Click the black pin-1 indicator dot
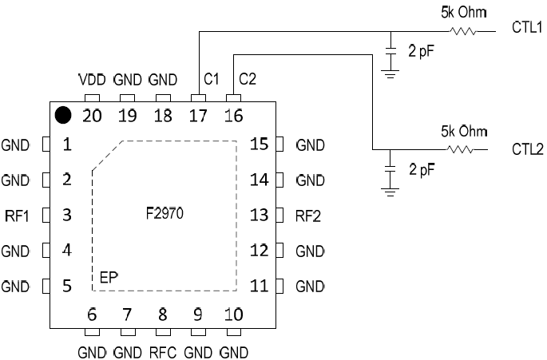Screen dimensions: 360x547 tap(63, 115)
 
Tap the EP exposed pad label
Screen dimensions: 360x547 tap(109, 277)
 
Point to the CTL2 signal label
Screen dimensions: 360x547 tap(527, 150)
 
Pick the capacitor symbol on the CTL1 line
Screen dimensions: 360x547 tap(390, 50)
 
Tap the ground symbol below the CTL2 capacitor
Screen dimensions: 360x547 tap(390, 190)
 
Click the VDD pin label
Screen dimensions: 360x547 tap(92, 81)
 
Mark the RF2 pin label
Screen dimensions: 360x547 tap(308, 216)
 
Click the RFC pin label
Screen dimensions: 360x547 tap(162, 352)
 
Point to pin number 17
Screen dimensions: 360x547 tap(198, 115)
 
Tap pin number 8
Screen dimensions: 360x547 tap(162, 315)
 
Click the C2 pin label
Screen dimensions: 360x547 tap(247, 81)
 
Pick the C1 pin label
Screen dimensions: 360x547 tap(212, 81)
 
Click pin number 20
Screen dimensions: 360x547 tap(92, 115)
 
